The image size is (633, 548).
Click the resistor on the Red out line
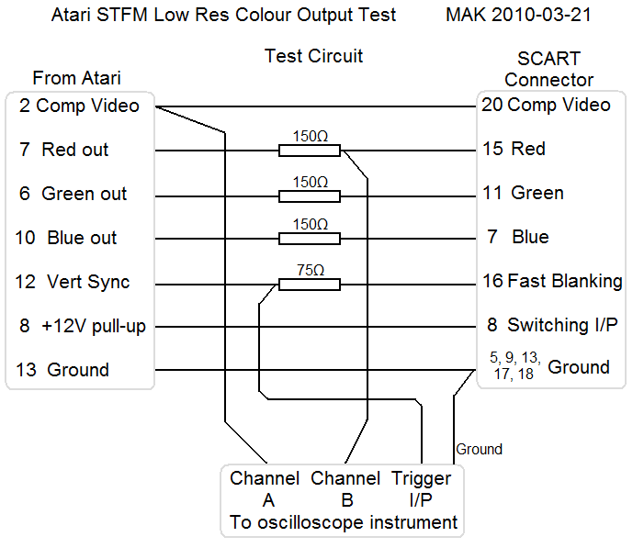pyautogui.click(x=310, y=151)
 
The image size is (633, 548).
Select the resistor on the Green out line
pyautogui.click(x=310, y=195)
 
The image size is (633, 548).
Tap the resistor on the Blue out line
pyautogui.click(x=310, y=239)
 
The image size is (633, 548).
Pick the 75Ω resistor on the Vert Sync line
pyautogui.click(x=310, y=284)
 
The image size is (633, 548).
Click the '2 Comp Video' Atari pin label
pyautogui.click(x=79, y=106)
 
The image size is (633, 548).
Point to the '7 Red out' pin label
pyautogui.click(x=64, y=150)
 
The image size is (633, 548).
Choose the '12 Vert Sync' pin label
pyautogui.click(x=73, y=282)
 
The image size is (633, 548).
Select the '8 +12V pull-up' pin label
pyautogui.click(x=82, y=326)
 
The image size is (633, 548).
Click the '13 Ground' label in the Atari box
pyautogui.click(x=63, y=370)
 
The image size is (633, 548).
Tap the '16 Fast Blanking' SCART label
pyautogui.click(x=552, y=281)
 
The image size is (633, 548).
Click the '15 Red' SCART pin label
pyautogui.click(x=514, y=149)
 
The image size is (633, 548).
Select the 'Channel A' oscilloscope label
pyautogui.click(x=265, y=489)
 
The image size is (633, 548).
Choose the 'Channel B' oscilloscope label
pyautogui.click(x=345, y=489)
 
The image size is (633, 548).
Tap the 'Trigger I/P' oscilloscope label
pyautogui.click(x=422, y=489)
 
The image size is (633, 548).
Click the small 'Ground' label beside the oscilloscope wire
pyautogui.click(x=480, y=449)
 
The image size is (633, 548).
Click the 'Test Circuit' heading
pyautogui.click(x=313, y=56)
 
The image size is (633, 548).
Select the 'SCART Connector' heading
pyautogui.click(x=549, y=70)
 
